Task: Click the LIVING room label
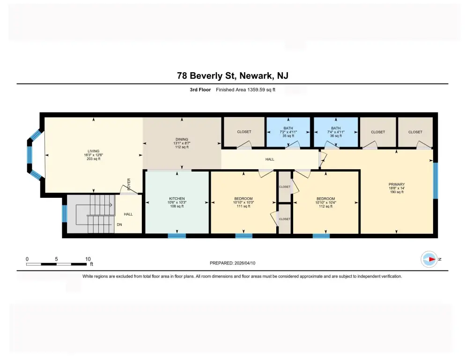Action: pyautogui.click(x=93, y=151)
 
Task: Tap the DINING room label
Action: pyautogui.click(x=182, y=139)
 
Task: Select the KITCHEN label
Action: pyautogui.click(x=177, y=199)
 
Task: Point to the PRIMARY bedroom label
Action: pyautogui.click(x=397, y=184)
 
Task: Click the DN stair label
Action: pyautogui.click(x=119, y=225)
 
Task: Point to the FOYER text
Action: pyautogui.click(x=129, y=184)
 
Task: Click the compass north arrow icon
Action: pyautogui.click(x=429, y=259)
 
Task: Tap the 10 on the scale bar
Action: pyautogui.click(x=88, y=259)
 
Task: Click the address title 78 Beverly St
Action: pyautogui.click(x=206, y=75)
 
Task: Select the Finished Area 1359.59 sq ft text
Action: pyautogui.click(x=245, y=90)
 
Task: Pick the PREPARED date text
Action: pyautogui.click(x=232, y=263)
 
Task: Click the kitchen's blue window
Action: pyautogui.click(x=177, y=236)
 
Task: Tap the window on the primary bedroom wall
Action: pyautogui.click(x=435, y=180)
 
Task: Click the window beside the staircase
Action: pyautogui.click(x=64, y=213)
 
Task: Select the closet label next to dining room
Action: pyautogui.click(x=244, y=132)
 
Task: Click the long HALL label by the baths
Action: pyautogui.click(x=270, y=159)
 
